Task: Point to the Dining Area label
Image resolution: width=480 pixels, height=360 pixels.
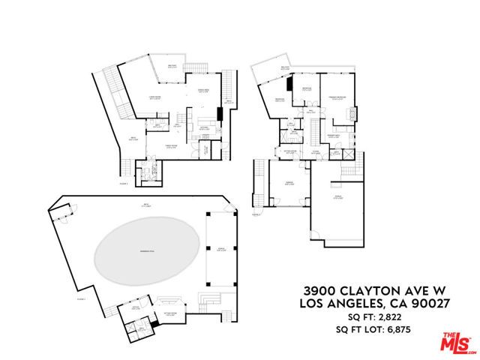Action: click(202, 91)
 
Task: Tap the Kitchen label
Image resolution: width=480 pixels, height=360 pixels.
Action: click(202, 127)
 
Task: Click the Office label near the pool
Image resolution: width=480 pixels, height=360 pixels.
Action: click(136, 307)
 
